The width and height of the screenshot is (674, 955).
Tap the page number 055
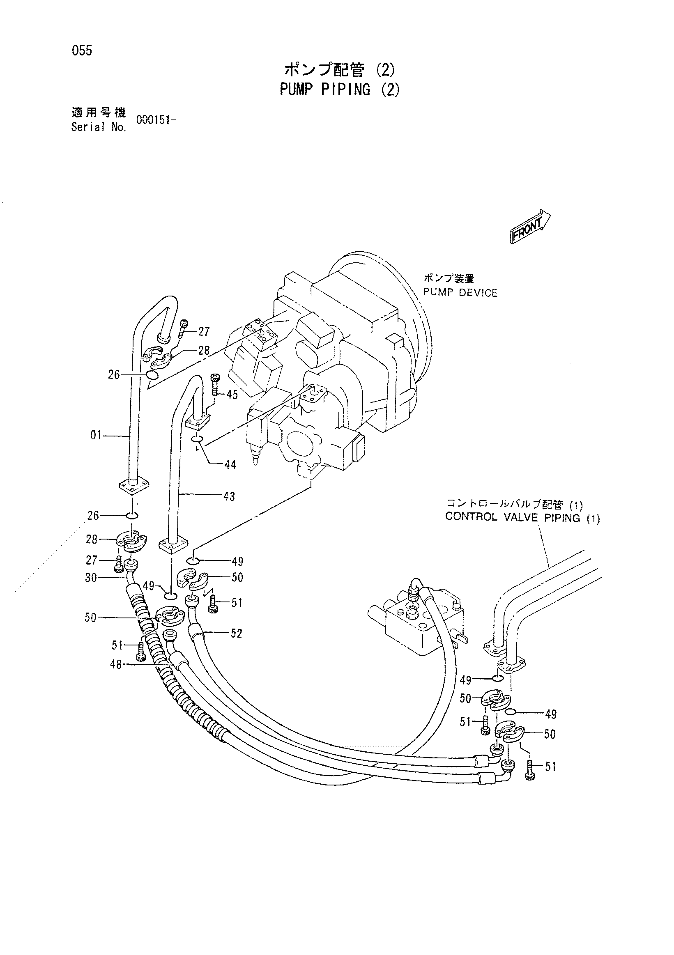pyautogui.click(x=82, y=51)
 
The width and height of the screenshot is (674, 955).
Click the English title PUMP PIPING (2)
pyautogui.click(x=340, y=90)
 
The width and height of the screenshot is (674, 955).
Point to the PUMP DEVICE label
pyautogui.click(x=460, y=293)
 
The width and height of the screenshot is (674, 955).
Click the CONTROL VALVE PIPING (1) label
pyautogui.click(x=522, y=518)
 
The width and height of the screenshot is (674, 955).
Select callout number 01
pyautogui.click(x=96, y=436)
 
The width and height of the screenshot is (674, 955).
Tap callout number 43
pyautogui.click(x=229, y=496)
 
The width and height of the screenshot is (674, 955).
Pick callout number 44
pyautogui.click(x=230, y=465)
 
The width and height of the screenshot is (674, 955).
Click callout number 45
pyautogui.click(x=232, y=395)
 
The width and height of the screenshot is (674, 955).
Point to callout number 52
pyautogui.click(x=236, y=634)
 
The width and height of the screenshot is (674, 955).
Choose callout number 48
pyautogui.click(x=116, y=665)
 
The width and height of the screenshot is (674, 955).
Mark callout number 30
pyautogui.click(x=91, y=578)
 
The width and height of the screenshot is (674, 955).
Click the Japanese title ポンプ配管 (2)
pyautogui.click(x=340, y=69)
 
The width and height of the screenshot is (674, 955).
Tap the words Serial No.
pyautogui.click(x=99, y=127)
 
